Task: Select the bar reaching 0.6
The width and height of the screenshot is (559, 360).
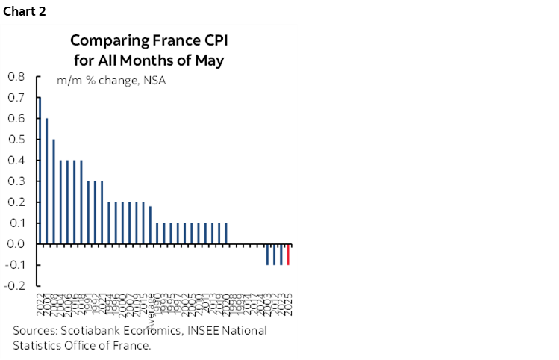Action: [46, 181]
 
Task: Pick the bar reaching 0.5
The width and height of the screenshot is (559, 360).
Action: [54, 191]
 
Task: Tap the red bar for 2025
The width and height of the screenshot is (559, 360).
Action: [288, 254]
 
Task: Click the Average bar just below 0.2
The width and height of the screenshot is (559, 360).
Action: [150, 225]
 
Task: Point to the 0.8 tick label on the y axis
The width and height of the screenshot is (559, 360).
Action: [16, 76]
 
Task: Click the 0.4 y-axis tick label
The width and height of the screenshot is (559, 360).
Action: [16, 160]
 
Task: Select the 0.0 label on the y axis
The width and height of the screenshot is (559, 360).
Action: [16, 243]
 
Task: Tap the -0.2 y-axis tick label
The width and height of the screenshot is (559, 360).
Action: [14, 285]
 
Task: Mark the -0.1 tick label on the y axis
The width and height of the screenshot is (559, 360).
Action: [14, 264]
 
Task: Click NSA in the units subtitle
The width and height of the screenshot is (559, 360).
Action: [154, 81]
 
